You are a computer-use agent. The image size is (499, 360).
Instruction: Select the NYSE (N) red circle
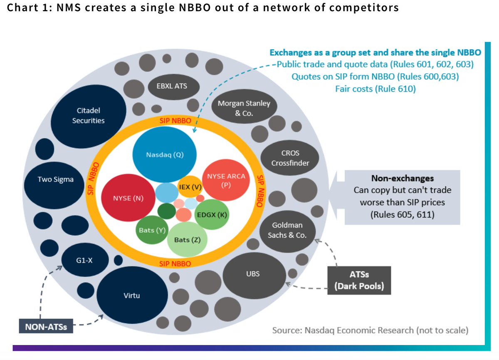[x=128, y=199]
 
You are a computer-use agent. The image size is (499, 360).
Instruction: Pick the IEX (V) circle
[x=190, y=188]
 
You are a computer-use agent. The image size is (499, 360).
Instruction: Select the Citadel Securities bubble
[x=89, y=115]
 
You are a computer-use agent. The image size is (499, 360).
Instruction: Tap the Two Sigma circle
[x=55, y=180]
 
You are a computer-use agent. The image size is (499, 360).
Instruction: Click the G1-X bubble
[x=85, y=261]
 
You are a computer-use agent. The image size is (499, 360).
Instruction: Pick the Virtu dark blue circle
[x=132, y=295]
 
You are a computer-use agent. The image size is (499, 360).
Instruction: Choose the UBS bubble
[x=256, y=274]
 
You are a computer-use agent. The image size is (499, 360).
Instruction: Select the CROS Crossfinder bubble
[x=290, y=158]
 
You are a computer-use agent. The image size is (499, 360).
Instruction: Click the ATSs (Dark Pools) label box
[x=359, y=281]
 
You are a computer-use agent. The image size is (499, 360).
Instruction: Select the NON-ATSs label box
[x=46, y=326]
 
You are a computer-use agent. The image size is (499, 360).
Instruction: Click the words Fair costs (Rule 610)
[x=375, y=88]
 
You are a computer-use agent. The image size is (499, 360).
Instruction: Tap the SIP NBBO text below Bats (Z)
[x=175, y=264]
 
